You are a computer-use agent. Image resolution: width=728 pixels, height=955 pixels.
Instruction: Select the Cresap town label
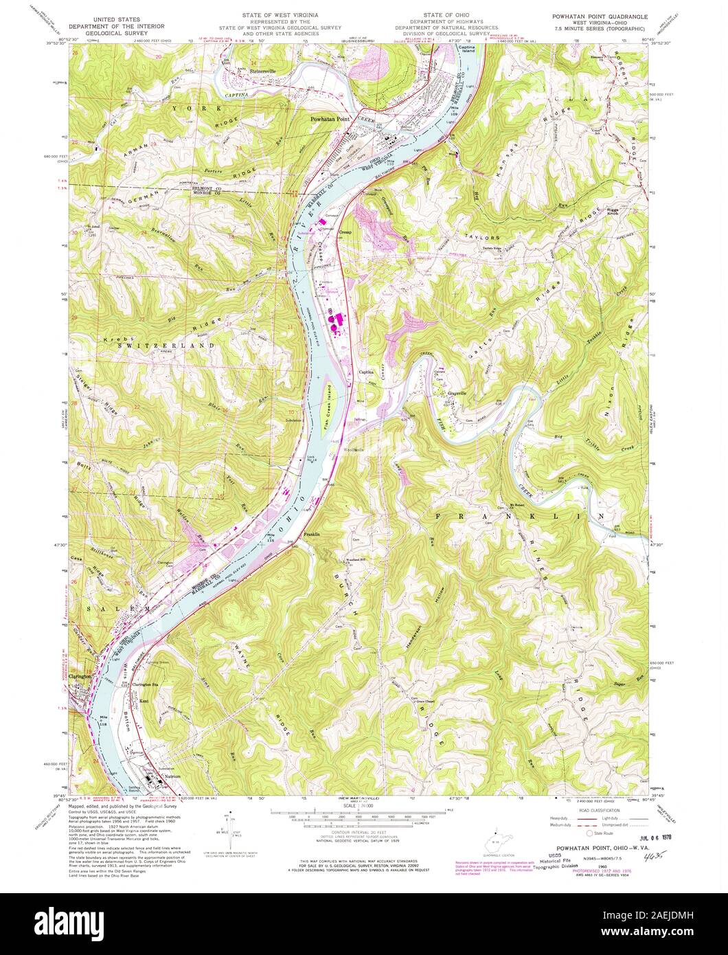click(x=346, y=233)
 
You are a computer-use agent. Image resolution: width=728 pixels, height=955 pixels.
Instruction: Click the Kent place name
click(x=144, y=700)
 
